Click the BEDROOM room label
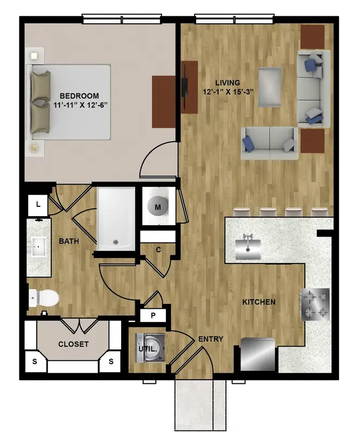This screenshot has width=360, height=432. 79,96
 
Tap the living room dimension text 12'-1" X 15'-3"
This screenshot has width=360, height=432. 228,92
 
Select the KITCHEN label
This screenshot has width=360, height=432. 259,302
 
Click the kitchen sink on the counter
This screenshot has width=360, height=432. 248,249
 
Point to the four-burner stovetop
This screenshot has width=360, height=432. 315,305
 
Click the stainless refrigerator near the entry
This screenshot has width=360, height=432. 258,354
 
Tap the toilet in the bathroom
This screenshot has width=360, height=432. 44,298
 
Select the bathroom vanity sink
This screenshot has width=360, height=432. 38,246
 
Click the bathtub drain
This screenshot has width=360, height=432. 115,242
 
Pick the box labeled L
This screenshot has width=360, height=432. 38,205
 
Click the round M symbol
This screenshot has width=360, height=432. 158,207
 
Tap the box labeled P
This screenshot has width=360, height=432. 153,315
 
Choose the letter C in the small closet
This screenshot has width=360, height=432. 158,250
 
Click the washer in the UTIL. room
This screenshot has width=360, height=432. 150,348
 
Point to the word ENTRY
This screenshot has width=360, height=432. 211,339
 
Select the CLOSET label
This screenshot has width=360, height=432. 74,344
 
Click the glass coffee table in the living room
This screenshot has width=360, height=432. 270,87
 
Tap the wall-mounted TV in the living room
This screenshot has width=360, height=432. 184,87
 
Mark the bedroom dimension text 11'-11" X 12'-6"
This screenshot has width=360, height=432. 80,105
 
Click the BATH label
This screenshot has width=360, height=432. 69,241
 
